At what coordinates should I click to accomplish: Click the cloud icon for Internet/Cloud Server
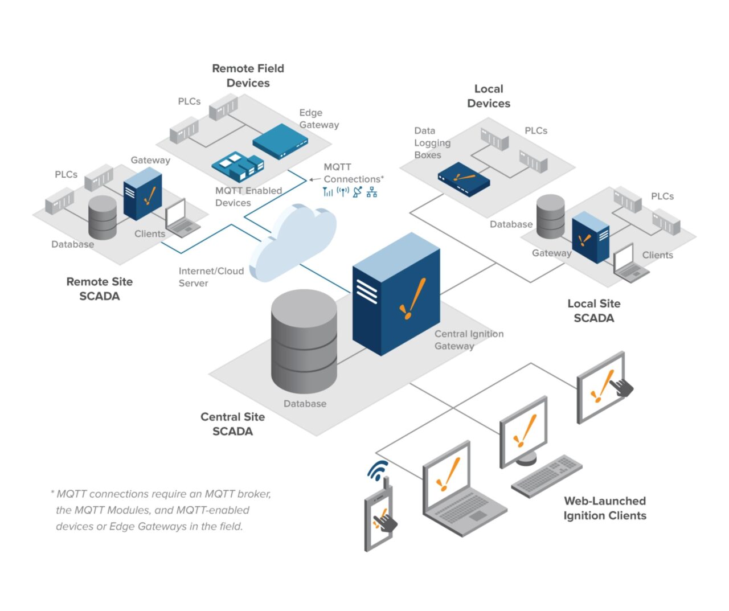point(293,239)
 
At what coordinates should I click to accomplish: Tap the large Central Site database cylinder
point(305,342)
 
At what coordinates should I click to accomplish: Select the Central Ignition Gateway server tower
point(396,293)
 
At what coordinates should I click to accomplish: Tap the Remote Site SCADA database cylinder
point(103,218)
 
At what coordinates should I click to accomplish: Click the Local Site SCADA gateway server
point(591,237)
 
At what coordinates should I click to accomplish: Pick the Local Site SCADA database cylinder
point(551,217)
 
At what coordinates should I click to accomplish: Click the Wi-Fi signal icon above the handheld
point(378,470)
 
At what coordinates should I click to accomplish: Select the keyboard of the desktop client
point(547,476)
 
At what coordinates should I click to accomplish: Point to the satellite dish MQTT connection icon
point(357,192)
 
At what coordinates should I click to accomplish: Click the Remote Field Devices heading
point(248,76)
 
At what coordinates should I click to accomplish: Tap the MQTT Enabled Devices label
point(248,196)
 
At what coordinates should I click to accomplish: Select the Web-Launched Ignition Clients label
point(605,508)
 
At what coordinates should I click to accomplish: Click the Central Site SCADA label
point(232,424)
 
